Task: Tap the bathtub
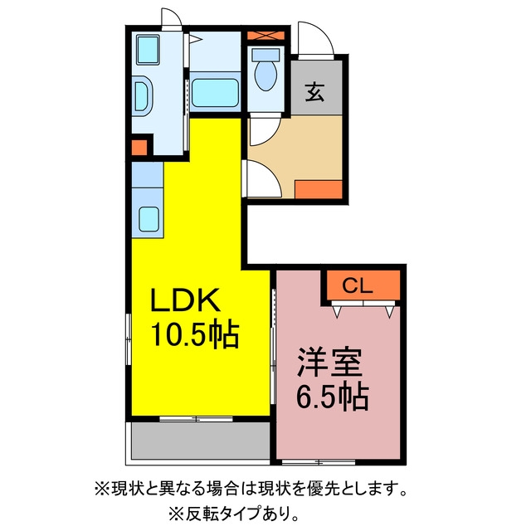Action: [215, 92]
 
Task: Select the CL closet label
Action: [358, 286]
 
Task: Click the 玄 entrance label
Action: [314, 92]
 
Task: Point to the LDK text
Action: [185, 300]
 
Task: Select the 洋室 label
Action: [329, 363]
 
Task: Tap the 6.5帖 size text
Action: [333, 397]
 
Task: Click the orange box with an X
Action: [265, 35]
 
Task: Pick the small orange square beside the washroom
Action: [139, 148]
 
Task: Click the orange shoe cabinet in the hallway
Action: [319, 189]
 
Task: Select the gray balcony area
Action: [201, 441]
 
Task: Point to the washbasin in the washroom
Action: [143, 96]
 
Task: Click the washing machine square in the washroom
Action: [148, 50]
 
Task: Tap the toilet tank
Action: [265, 54]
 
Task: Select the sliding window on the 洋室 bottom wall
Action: [319, 461]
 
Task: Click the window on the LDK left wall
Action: [129, 339]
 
